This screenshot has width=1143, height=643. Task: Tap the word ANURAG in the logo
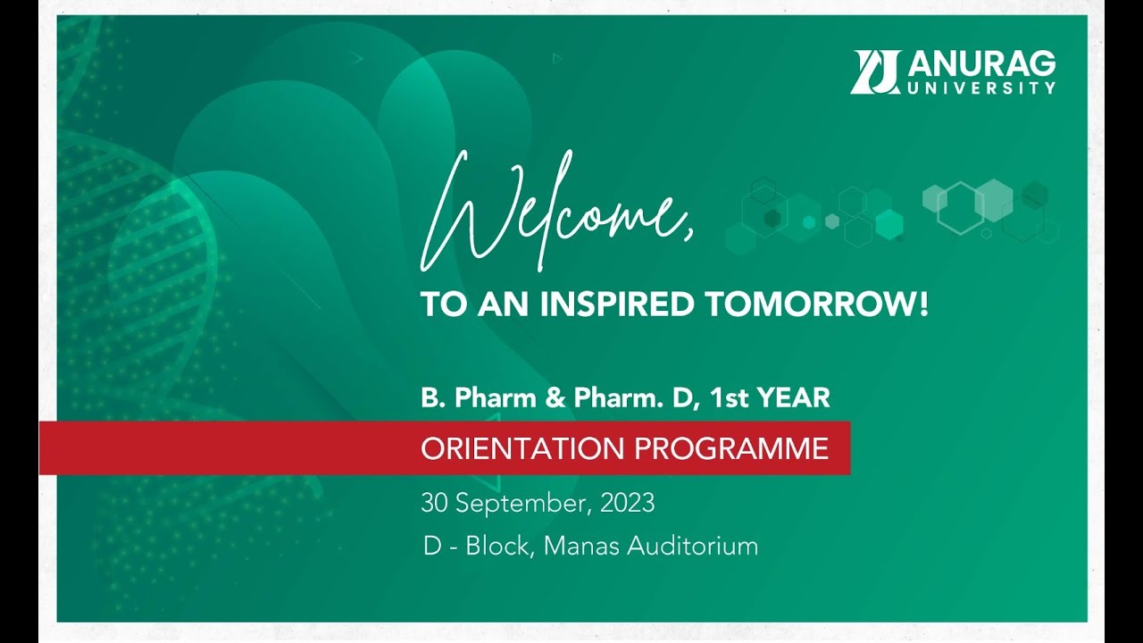[x=982, y=63]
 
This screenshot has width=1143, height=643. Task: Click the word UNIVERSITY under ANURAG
[x=982, y=88]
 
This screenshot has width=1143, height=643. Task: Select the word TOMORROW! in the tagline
[x=816, y=305]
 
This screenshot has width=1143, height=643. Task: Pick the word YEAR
[x=794, y=398]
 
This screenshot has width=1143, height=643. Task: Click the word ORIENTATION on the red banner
[x=523, y=448]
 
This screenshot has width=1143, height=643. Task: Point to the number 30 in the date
[x=434, y=503]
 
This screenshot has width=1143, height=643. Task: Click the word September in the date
[x=522, y=504]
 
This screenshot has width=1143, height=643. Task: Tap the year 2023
[x=627, y=503]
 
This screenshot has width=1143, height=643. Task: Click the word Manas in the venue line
[x=581, y=546]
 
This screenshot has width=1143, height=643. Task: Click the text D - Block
[x=476, y=546]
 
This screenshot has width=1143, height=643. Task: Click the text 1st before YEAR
[x=728, y=398]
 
